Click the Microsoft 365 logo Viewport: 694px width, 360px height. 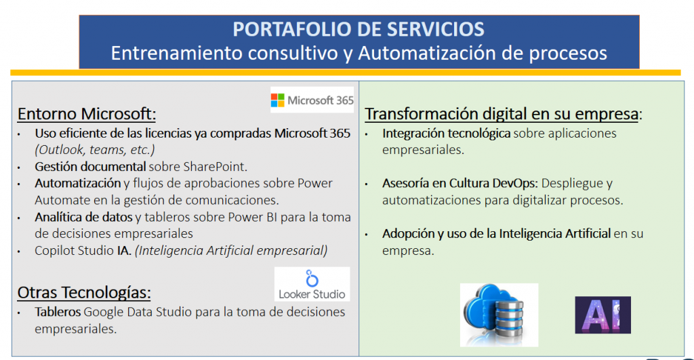tap(312, 100)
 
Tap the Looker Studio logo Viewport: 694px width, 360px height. tap(312, 284)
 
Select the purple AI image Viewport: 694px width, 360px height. tap(603, 315)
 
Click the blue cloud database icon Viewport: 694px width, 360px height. tap(499, 315)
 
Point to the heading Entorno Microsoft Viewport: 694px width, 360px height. tap(87, 114)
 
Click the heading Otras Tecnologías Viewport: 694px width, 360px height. tap(84, 292)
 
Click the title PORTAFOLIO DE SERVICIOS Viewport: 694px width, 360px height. tap(359, 29)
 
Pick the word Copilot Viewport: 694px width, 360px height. tap(56, 251)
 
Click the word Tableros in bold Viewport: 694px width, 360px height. tap(58, 312)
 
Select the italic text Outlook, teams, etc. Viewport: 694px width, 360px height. tap(95, 150)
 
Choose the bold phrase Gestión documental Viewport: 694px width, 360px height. tap(90, 167)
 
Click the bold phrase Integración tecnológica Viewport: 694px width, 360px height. tap(446, 134)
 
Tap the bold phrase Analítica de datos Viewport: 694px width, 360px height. tap(83, 217)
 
